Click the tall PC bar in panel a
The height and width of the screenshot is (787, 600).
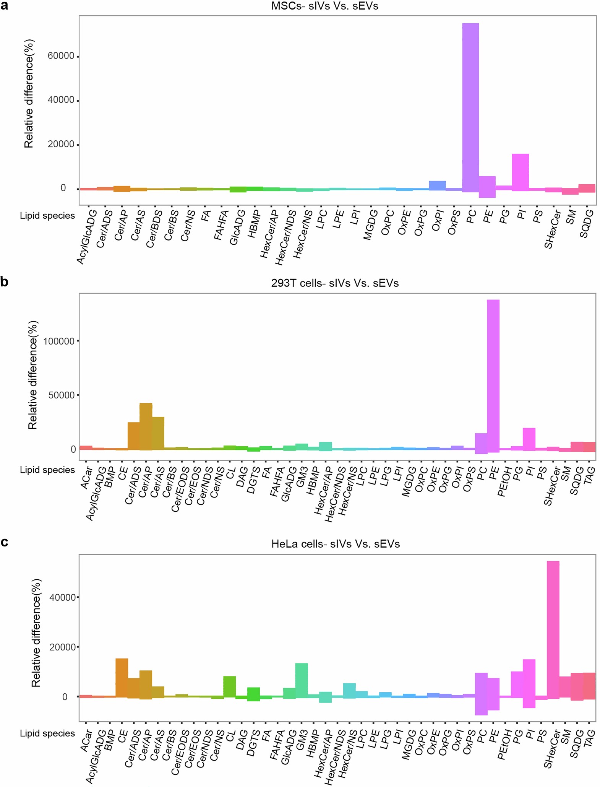470,107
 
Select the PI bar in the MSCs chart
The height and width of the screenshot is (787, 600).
520,172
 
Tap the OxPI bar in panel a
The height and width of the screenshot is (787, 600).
437,185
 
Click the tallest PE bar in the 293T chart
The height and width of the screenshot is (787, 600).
493,375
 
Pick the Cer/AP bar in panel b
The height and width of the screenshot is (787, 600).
146,426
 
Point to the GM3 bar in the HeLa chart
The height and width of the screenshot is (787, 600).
302,680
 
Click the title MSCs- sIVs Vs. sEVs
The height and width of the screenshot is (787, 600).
324,6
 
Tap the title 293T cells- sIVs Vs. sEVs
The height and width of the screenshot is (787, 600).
335,283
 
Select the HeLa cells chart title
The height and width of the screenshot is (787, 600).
335,544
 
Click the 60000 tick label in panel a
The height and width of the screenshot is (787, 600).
61,56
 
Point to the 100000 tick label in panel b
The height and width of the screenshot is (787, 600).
59,341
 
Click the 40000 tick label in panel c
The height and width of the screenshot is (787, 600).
63,597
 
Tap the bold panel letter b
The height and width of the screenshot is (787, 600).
5,282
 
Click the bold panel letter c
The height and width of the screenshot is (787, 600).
5,542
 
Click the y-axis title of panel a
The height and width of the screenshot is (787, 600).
29,94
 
